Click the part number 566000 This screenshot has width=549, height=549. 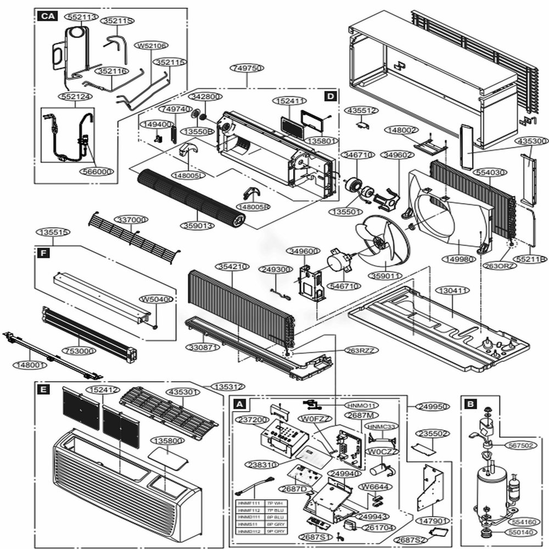coord(96,171)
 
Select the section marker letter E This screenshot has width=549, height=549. coord(42,390)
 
